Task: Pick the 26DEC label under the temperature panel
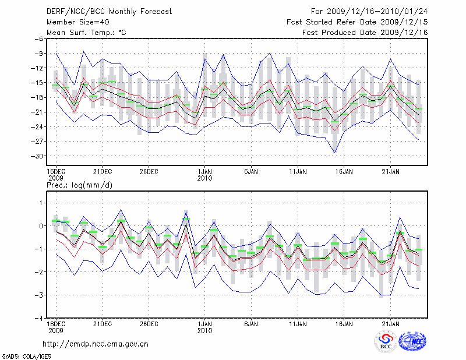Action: tap(149, 171)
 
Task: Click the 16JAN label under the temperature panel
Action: tap(344, 171)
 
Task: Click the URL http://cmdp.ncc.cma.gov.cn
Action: tap(96, 344)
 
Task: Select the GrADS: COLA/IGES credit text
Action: tap(20, 355)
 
